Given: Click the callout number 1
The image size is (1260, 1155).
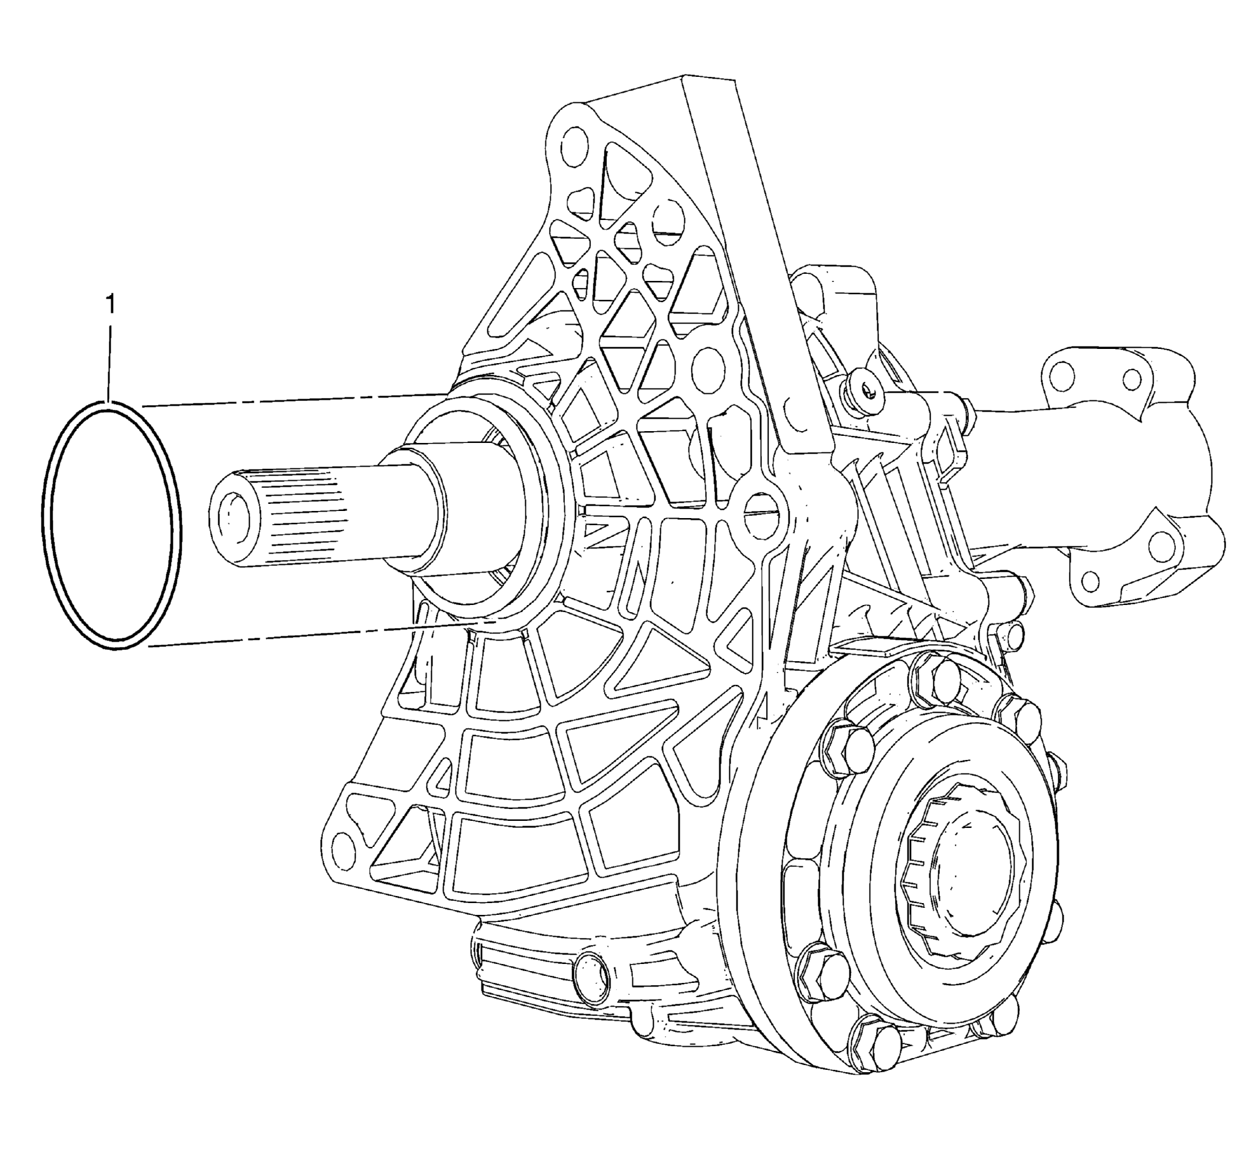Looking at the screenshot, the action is coord(111,305).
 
